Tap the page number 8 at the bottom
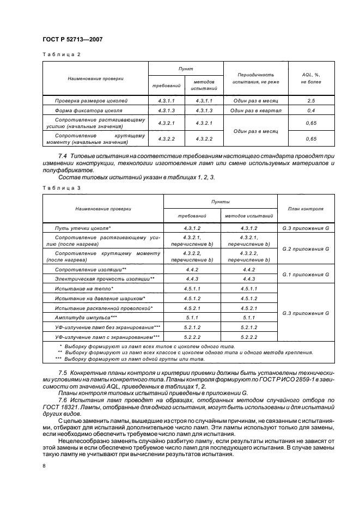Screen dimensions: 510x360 click(44, 466)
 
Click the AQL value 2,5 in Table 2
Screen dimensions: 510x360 click(311, 101)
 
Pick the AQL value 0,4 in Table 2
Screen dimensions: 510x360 click(311, 111)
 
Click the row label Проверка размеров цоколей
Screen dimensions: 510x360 click(91, 101)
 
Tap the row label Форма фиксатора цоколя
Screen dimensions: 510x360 click(88, 111)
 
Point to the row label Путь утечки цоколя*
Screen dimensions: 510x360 click(83, 228)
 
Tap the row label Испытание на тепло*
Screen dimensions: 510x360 click(84, 288)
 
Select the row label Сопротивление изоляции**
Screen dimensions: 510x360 click(91, 270)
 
